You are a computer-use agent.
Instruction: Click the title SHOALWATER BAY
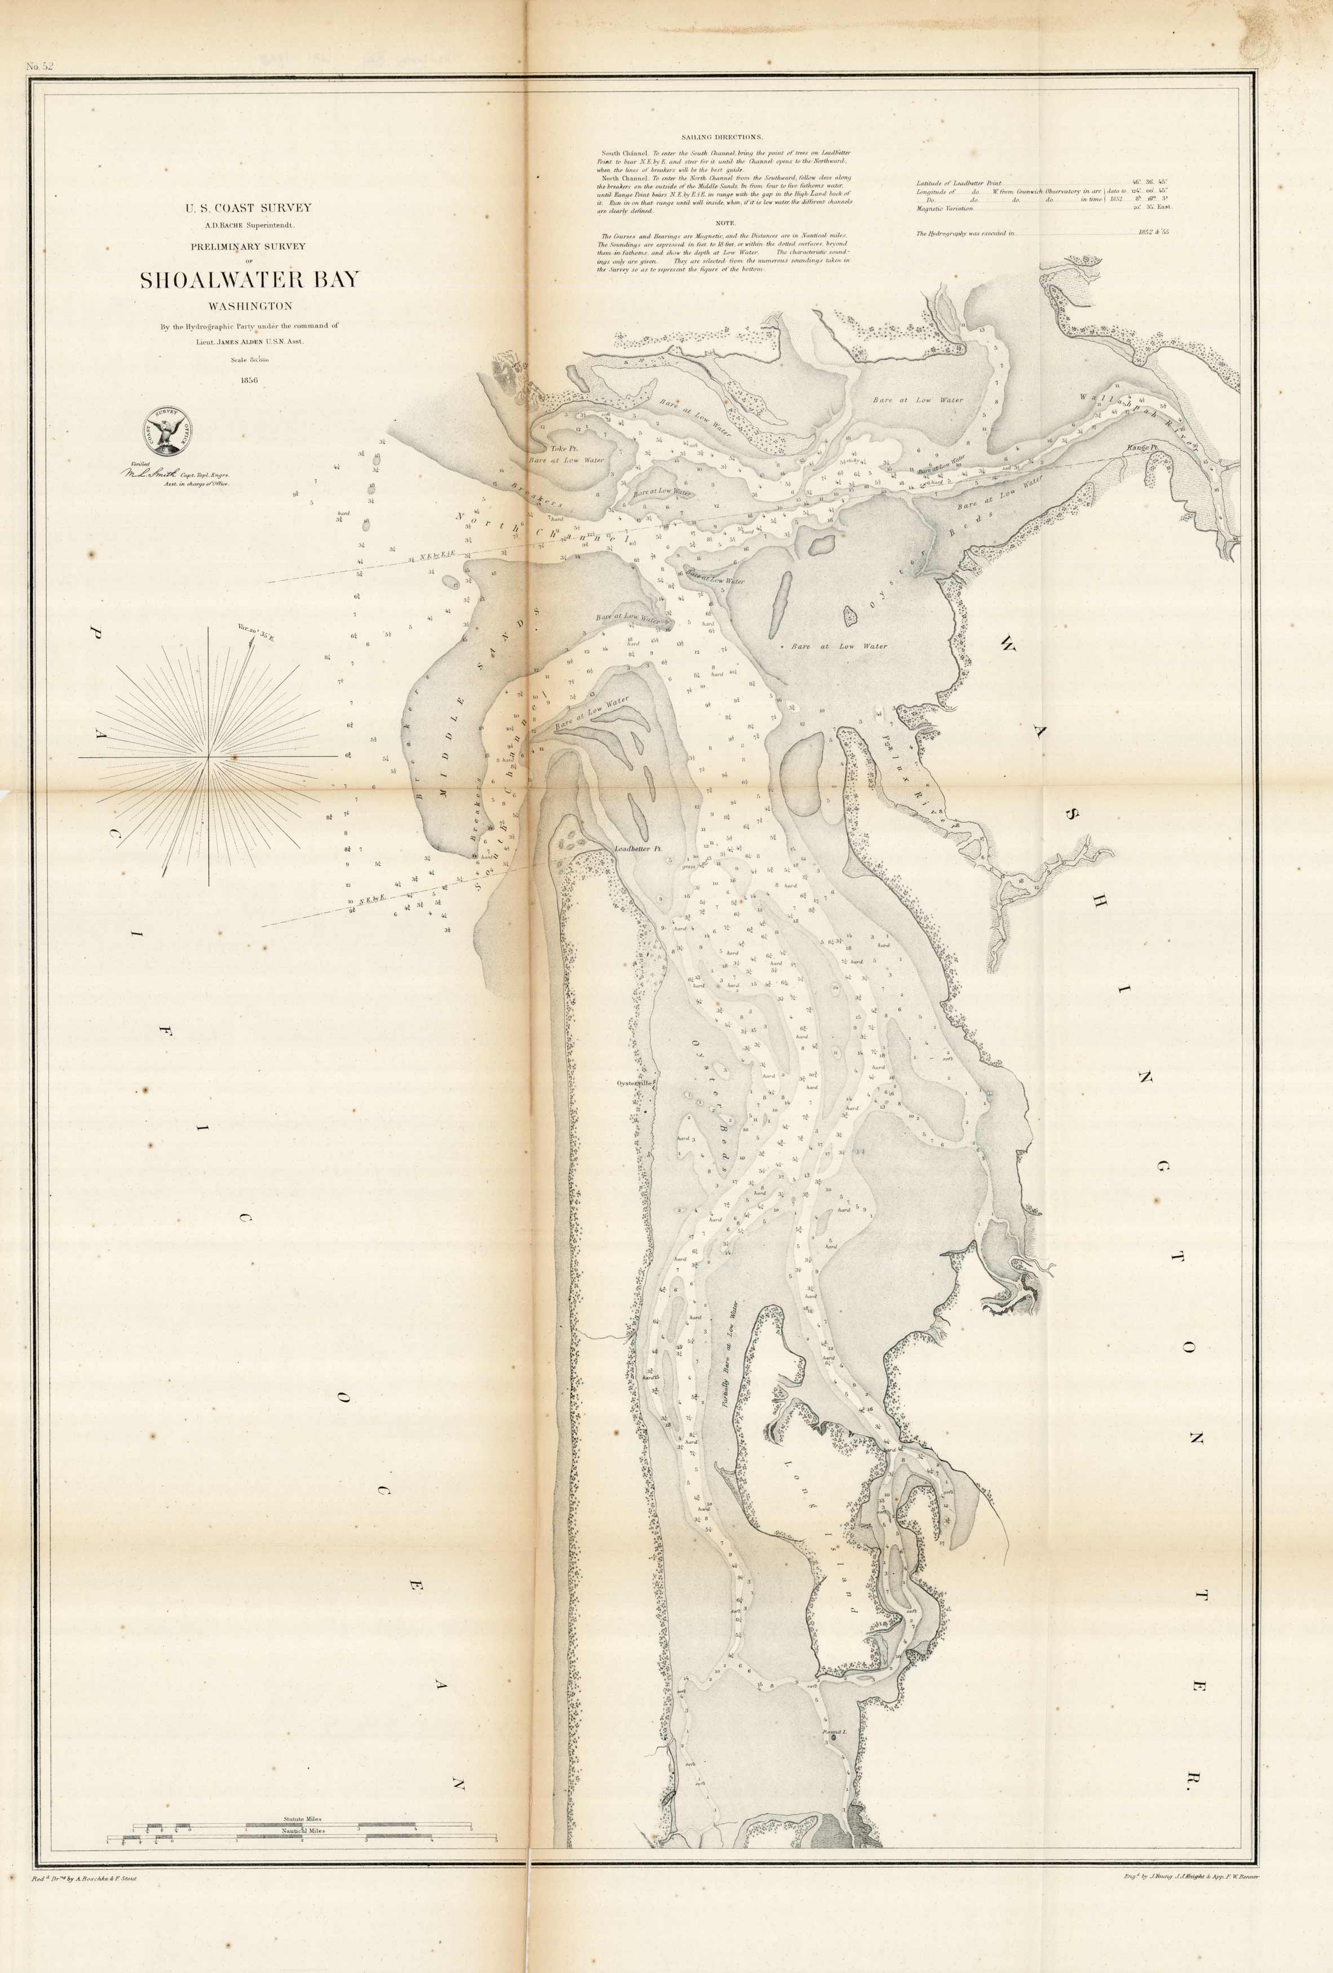pos(250,280)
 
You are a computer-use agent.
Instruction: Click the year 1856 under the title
pos(250,379)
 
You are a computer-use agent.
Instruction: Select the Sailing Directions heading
pos(721,136)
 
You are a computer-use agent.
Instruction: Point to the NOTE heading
pos(725,223)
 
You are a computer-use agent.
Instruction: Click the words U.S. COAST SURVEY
pos(250,207)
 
